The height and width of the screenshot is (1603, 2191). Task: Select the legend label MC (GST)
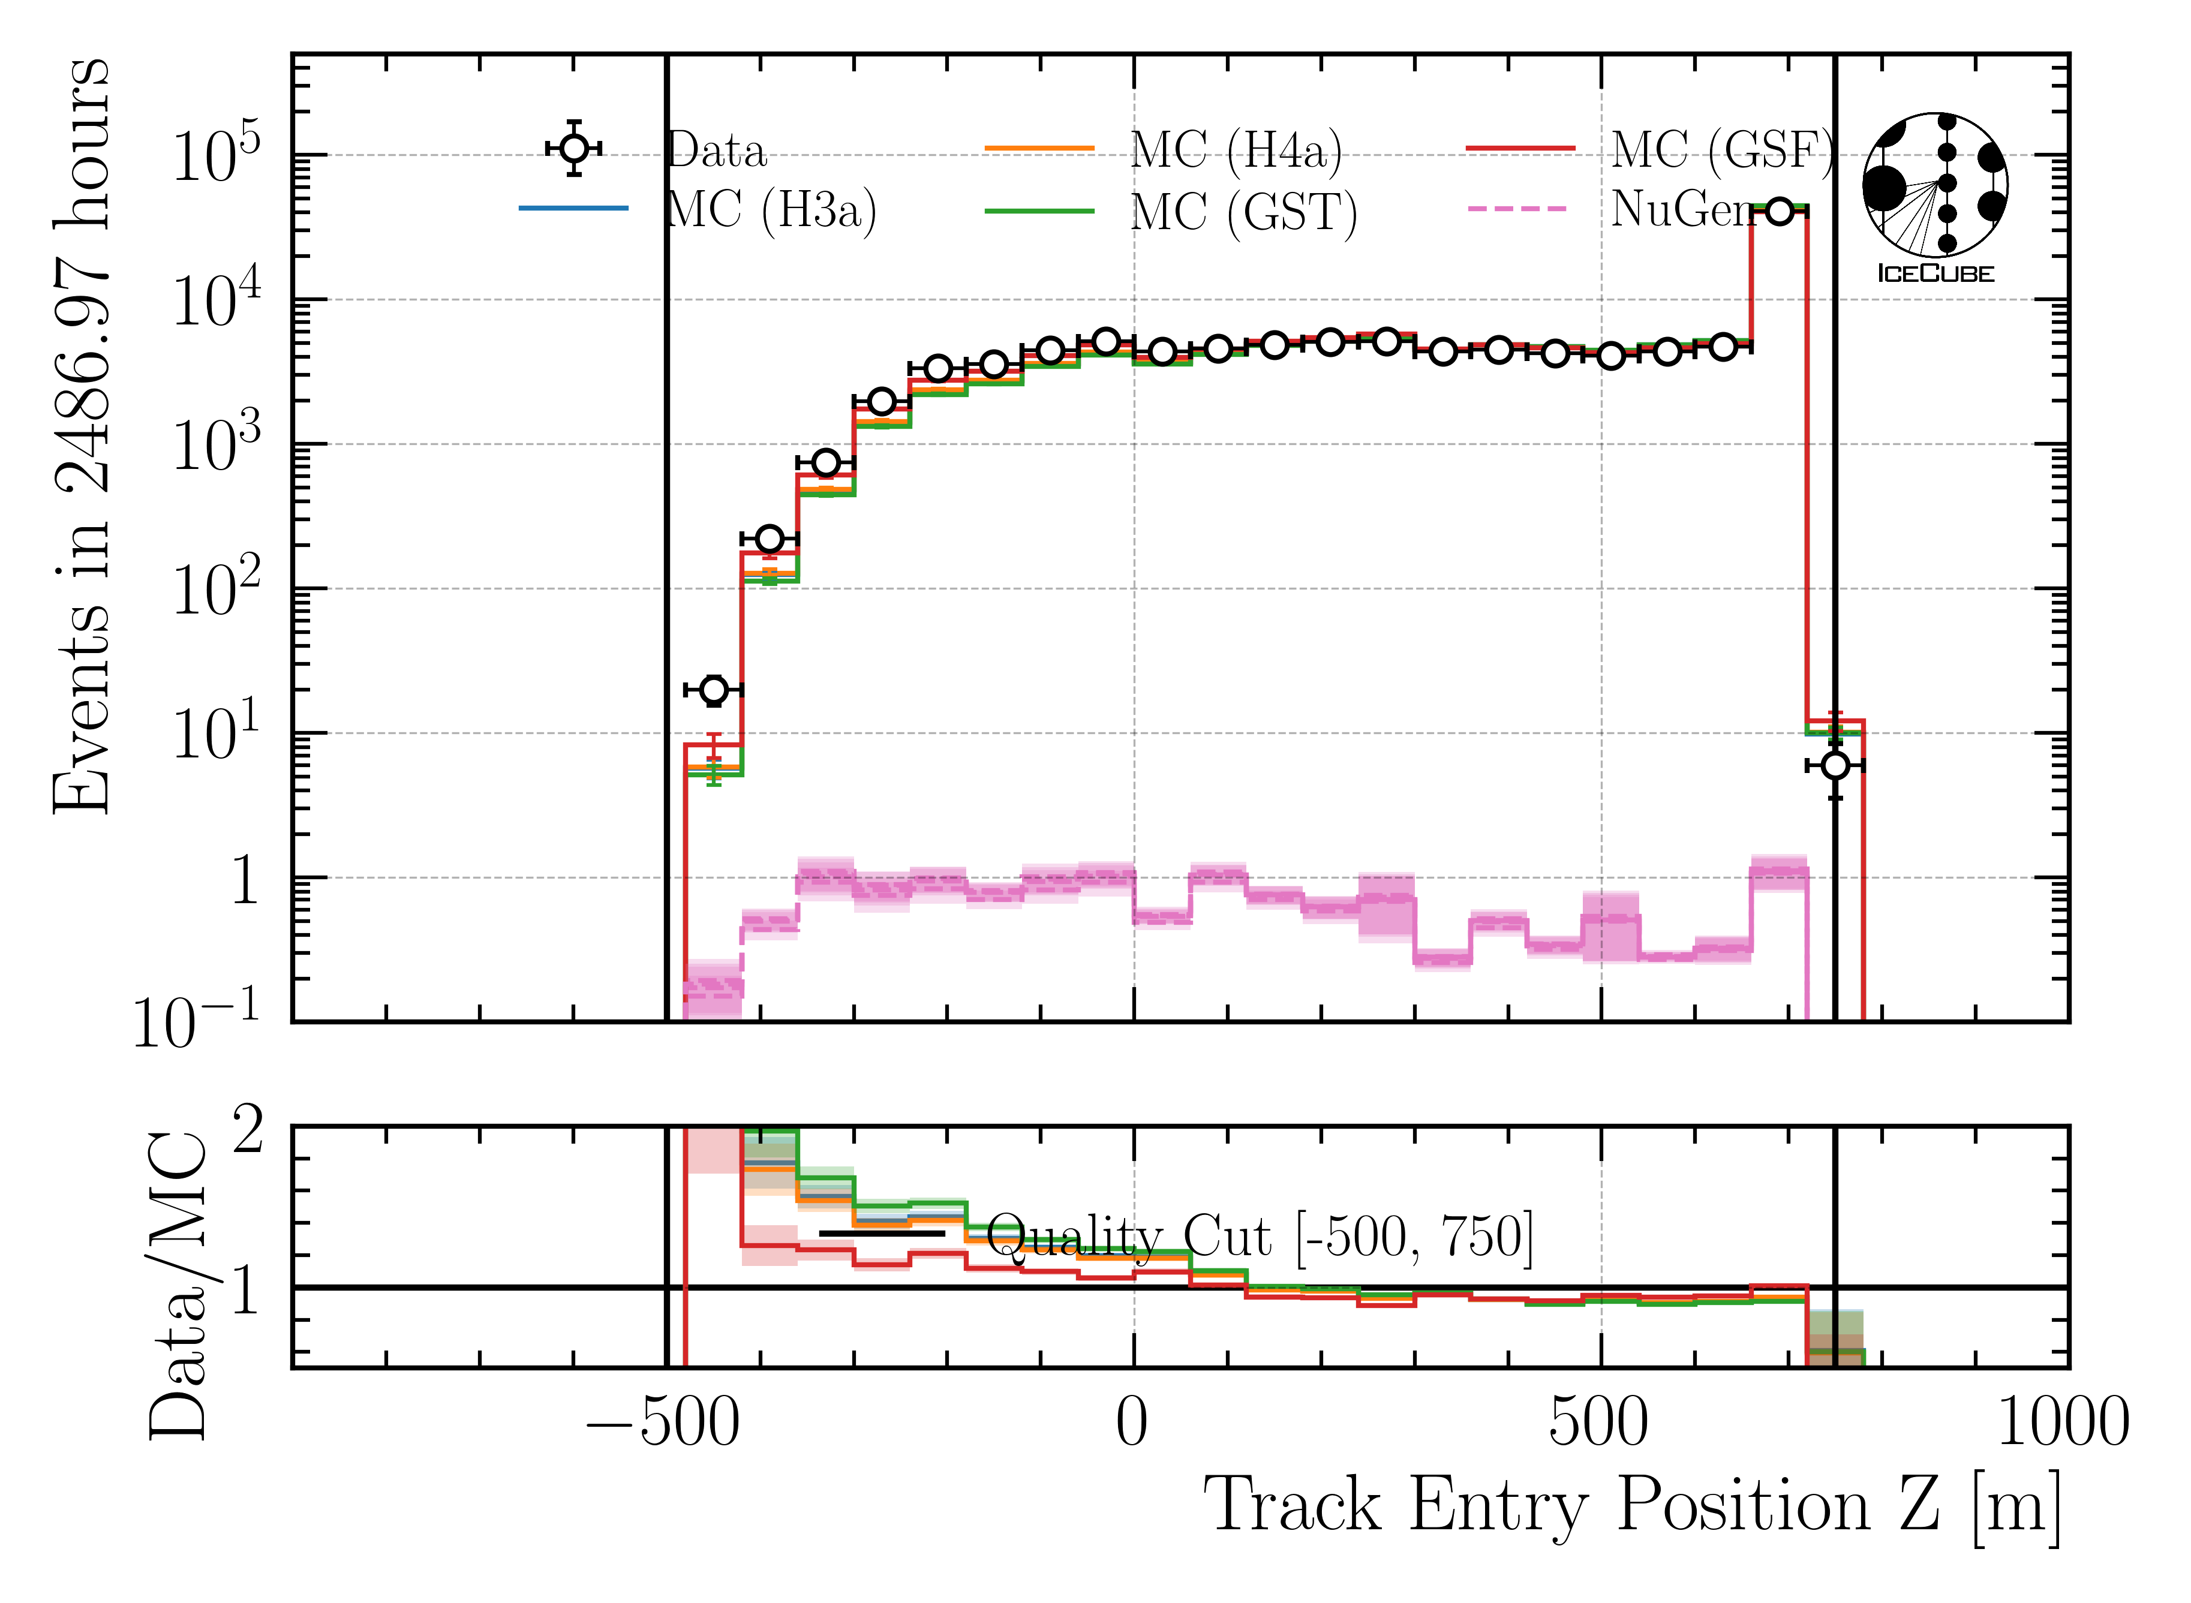pyautogui.click(x=1243, y=212)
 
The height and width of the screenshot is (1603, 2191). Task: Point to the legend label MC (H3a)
pyautogui.click(x=771, y=209)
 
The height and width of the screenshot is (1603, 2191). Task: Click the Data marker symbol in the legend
pyautogui.click(x=575, y=149)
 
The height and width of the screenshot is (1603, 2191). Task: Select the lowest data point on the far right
pyautogui.click(x=1834, y=766)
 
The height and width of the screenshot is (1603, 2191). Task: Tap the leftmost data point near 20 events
pyautogui.click(x=713, y=690)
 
